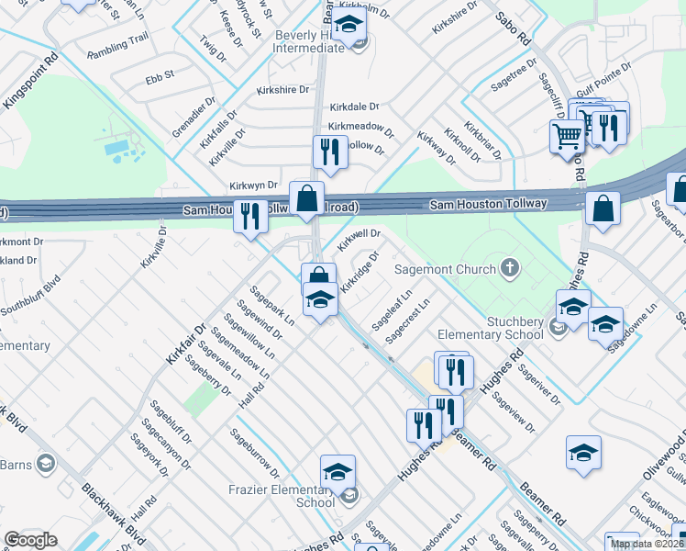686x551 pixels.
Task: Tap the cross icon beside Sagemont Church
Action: (510, 269)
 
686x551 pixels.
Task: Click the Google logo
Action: (30, 540)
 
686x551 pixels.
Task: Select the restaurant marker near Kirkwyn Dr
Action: (329, 152)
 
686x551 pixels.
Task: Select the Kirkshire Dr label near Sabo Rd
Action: (455, 17)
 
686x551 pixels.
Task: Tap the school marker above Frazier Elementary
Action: (337, 472)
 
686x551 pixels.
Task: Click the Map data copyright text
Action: (647, 544)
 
